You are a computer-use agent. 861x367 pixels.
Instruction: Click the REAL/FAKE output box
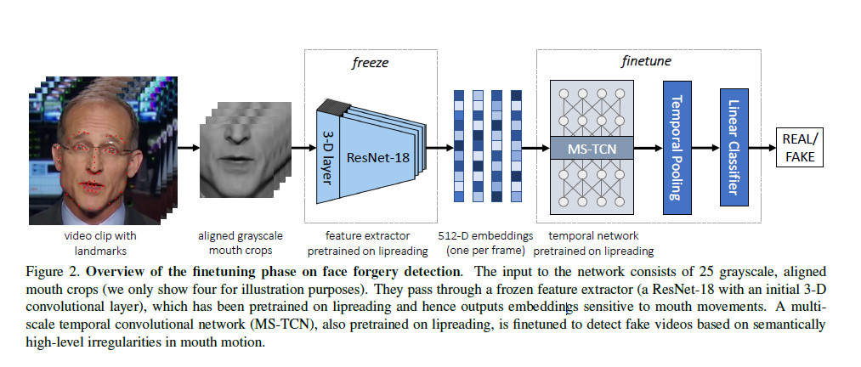(800, 148)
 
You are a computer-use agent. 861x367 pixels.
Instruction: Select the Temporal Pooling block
(677, 148)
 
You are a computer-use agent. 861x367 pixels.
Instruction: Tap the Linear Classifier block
(734, 147)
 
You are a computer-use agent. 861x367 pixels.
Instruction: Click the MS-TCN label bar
(592, 148)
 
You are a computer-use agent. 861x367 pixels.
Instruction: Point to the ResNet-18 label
(378, 157)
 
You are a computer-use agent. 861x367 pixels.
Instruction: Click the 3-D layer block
(327, 156)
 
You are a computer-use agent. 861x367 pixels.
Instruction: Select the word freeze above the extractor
(370, 63)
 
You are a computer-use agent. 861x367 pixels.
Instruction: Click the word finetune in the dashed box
(646, 61)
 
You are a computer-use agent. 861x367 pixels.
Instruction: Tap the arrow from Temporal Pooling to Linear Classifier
(705, 148)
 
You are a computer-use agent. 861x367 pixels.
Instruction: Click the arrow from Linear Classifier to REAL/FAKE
(762, 148)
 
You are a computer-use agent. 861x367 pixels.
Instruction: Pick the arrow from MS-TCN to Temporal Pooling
(649, 148)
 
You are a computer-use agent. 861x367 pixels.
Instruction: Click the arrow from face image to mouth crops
(189, 148)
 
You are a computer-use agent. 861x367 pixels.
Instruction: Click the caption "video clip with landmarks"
(100, 243)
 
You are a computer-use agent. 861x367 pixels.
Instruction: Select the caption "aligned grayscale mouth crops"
(241, 243)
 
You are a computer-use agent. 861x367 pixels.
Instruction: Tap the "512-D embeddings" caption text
(486, 236)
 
